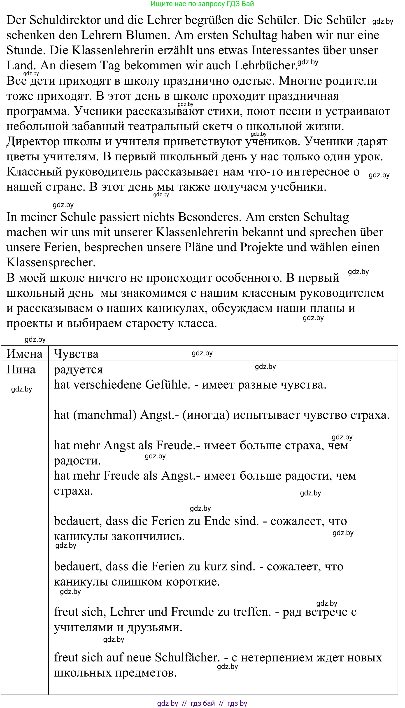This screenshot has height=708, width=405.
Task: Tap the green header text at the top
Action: (202, 4)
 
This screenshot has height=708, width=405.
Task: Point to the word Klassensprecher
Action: (51, 263)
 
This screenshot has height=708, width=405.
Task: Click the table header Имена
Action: (24, 354)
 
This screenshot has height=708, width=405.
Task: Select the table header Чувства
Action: (76, 354)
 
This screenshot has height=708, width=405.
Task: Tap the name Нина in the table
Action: (21, 370)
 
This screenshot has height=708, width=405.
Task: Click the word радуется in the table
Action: (78, 370)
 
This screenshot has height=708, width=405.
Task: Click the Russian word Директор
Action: (33, 142)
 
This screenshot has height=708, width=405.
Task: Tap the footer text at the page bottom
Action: (202, 703)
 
